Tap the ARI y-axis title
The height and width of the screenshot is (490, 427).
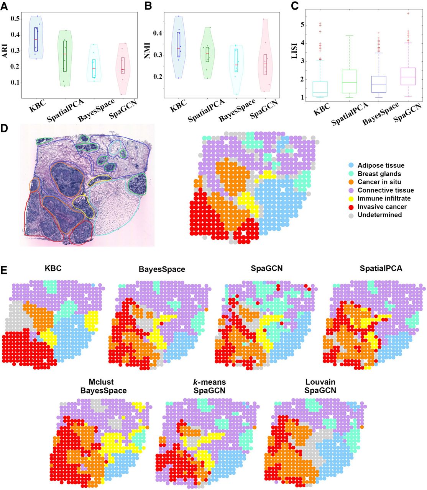(x=5, y=51)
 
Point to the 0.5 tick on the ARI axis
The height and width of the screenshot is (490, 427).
(x=15, y=19)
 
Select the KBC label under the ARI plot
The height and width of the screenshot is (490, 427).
(x=37, y=106)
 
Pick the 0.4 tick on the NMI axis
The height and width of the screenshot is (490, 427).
(x=158, y=33)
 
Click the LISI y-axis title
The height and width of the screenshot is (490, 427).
(x=294, y=51)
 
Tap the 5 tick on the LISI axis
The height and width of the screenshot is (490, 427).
(x=302, y=24)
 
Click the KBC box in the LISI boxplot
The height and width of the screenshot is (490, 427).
(x=320, y=88)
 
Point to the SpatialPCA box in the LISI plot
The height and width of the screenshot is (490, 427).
(x=350, y=81)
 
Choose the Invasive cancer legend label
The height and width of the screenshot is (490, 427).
(x=382, y=206)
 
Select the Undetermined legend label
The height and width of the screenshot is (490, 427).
(x=380, y=215)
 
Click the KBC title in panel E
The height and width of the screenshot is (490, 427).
(x=53, y=268)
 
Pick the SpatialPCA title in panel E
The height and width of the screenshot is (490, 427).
(x=381, y=268)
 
